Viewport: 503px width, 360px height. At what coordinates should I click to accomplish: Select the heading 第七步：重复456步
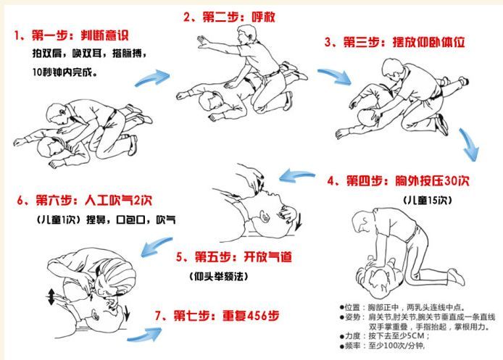point(215,316)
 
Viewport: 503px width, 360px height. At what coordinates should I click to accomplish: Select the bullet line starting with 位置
point(406,306)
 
